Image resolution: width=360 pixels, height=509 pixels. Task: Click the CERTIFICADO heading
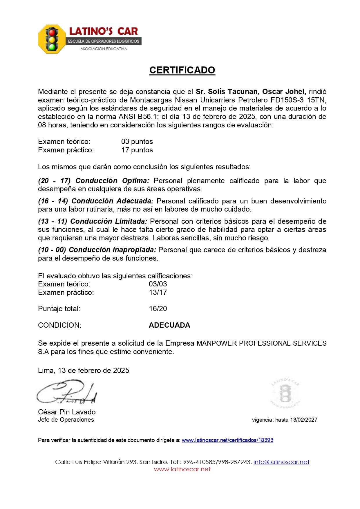tap(182, 70)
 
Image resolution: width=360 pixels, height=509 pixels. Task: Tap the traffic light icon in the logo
tap(52, 39)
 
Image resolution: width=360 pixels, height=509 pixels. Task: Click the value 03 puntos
tap(137, 142)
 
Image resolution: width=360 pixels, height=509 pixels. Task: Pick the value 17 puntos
tap(137, 150)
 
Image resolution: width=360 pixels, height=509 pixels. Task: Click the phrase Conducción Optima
tap(112, 181)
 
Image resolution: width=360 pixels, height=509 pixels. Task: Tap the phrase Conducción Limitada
tap(109, 221)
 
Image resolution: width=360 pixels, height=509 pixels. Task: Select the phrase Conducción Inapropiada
tap(113, 250)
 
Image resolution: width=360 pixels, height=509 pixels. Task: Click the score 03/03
tap(158, 284)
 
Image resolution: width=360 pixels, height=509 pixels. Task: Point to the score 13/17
tap(158, 293)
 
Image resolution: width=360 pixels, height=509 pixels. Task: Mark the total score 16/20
tap(158, 309)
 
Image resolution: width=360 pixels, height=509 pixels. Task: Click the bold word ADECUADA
tap(169, 325)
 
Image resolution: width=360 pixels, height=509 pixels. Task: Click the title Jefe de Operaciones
tap(66, 420)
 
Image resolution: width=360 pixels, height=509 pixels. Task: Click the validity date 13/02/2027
tap(303, 420)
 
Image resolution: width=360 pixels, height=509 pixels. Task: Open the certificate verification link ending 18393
tap(227, 440)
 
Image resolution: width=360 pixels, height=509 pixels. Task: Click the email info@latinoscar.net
tap(281, 462)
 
